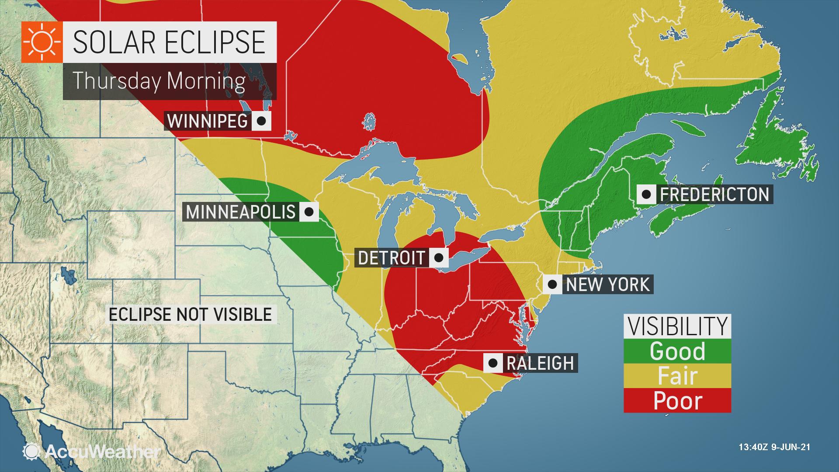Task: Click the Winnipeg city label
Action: (x=208, y=121)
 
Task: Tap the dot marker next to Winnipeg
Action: (x=261, y=121)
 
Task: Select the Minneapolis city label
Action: (x=241, y=212)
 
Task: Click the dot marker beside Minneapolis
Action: (x=309, y=212)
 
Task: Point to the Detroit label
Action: (x=391, y=257)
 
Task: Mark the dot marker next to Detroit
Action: (x=439, y=257)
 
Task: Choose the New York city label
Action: (x=608, y=285)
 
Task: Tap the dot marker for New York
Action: (x=552, y=285)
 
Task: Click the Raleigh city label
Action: (x=540, y=363)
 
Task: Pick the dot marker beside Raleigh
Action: (x=493, y=363)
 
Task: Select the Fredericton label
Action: (x=714, y=194)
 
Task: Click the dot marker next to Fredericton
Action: (x=646, y=194)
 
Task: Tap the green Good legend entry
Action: (x=677, y=351)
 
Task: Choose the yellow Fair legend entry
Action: (x=677, y=376)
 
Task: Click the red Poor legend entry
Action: (x=677, y=400)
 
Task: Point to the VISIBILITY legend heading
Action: (x=677, y=326)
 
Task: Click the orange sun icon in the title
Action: (x=42, y=42)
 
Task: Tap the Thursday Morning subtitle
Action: (x=159, y=81)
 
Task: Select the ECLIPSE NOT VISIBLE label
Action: (x=190, y=314)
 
